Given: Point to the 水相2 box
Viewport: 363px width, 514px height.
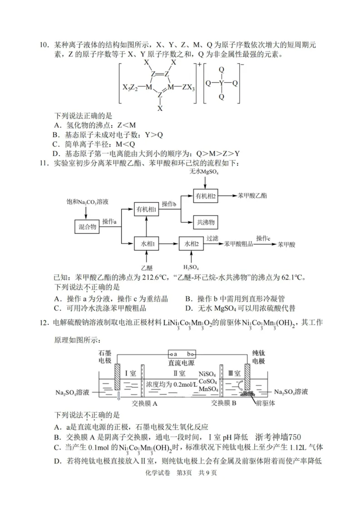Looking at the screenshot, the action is [x=191, y=244].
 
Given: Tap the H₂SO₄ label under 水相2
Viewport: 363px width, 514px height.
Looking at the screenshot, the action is [x=191, y=267].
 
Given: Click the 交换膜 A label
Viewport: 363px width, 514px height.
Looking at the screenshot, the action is [x=144, y=402].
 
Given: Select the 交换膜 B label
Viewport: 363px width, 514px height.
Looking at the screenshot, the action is [x=224, y=402].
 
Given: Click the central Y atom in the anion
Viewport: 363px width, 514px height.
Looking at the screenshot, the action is [x=221, y=83].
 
